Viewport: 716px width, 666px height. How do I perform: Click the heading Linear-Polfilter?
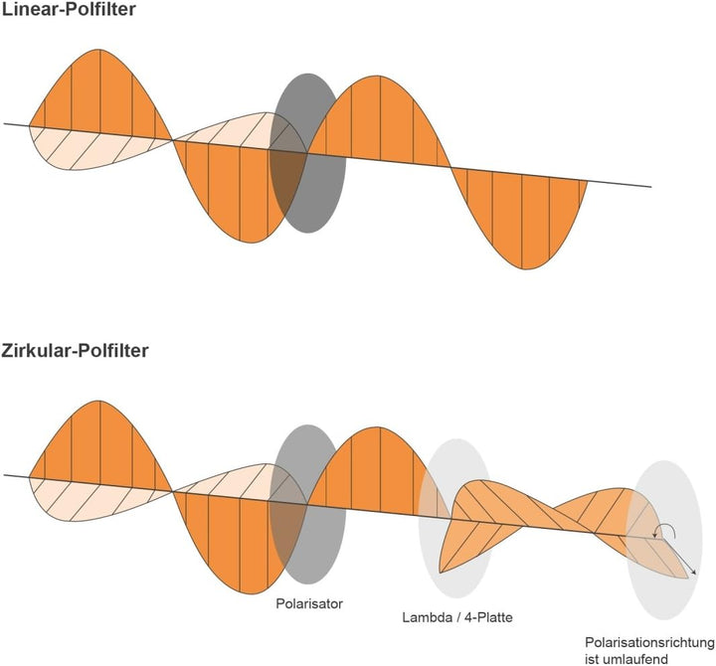click(x=69, y=9)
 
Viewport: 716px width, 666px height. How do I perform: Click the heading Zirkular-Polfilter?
click(x=75, y=351)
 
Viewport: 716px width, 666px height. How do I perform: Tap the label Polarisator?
click(x=309, y=603)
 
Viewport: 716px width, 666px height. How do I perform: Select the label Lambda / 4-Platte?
click(x=457, y=617)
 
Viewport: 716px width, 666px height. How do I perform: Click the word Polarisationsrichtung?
click(x=649, y=643)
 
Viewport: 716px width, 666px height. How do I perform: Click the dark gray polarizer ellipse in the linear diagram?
click(x=307, y=153)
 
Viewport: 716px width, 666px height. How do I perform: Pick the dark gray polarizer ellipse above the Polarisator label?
click(x=307, y=504)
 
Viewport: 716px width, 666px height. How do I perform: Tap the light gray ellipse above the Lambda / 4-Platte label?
click(x=455, y=518)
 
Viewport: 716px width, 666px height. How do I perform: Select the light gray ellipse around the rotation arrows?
click(x=664, y=540)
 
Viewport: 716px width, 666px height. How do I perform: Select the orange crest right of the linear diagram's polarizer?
click(x=379, y=118)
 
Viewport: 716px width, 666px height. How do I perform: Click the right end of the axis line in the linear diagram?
click(x=651, y=187)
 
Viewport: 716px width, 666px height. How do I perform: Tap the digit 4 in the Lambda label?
click(x=467, y=617)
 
